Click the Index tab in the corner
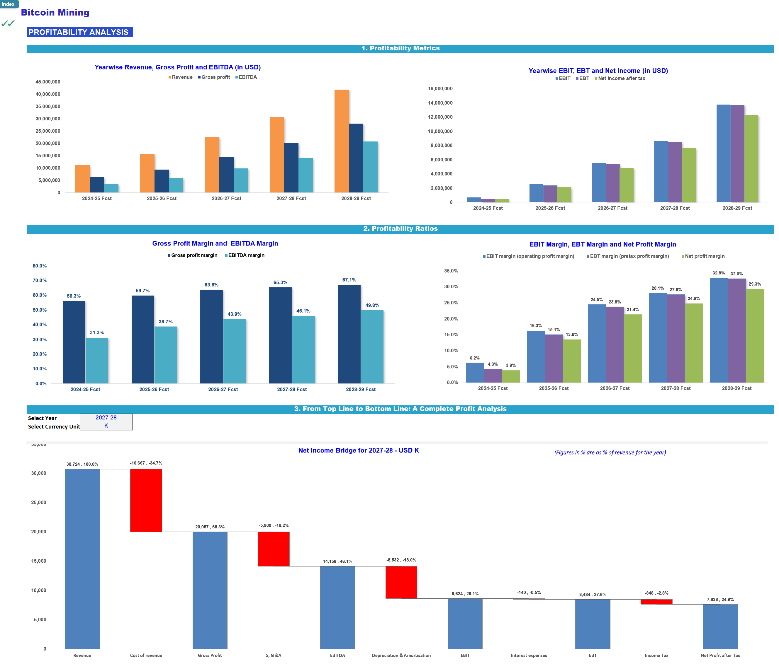[x=8, y=4]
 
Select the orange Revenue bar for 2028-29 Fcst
[x=341, y=141]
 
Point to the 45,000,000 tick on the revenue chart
[x=48, y=82]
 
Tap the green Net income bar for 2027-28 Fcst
[x=689, y=175]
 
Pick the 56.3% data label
[x=74, y=296]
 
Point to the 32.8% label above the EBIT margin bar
[x=719, y=273]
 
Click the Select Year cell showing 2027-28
[x=106, y=418]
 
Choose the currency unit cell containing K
[x=106, y=426]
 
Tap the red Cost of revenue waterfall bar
[x=146, y=500]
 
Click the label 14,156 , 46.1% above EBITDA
[x=337, y=561]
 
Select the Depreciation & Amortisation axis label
[x=401, y=656]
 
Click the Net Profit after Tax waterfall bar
[x=720, y=627]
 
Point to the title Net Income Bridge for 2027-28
[x=358, y=450]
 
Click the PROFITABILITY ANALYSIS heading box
[x=80, y=32]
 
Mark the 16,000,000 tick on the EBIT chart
[x=440, y=89]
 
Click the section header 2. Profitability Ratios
[x=400, y=229]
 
